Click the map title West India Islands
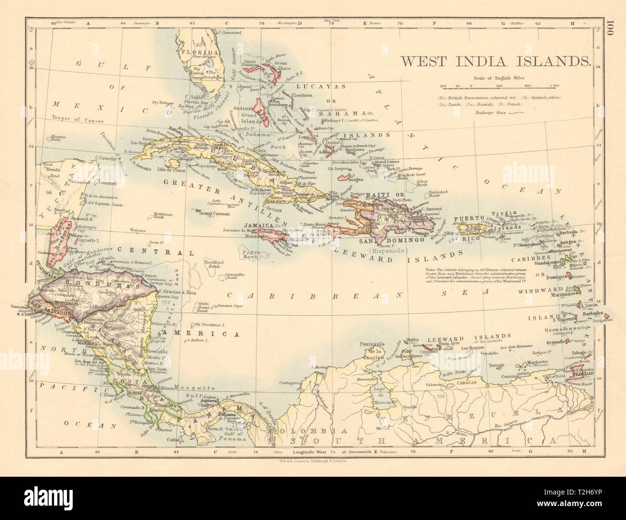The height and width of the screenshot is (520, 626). click(492, 61)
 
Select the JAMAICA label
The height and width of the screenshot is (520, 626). click(258, 225)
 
